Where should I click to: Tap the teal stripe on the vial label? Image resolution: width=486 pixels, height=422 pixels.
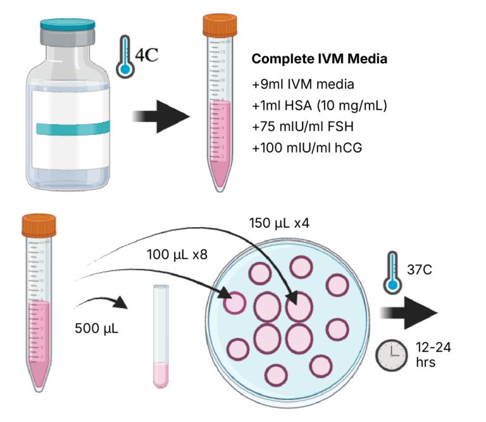click(x=66, y=129)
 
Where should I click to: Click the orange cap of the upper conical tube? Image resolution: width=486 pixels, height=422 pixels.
click(x=218, y=25)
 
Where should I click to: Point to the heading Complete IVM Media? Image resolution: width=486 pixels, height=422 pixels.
click(x=320, y=59)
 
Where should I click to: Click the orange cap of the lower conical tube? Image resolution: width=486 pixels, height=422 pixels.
click(x=39, y=225)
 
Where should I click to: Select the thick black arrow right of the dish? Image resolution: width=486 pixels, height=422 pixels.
click(x=408, y=313)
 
